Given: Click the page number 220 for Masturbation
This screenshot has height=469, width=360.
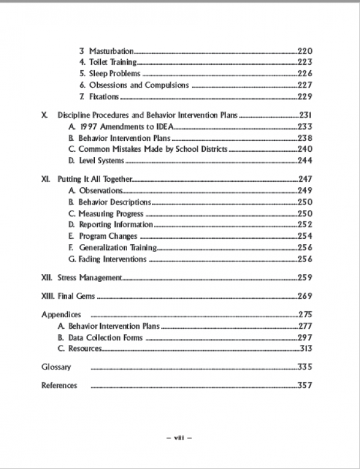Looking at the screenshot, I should coord(305,51).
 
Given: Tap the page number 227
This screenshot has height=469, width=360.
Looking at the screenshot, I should coord(305,85).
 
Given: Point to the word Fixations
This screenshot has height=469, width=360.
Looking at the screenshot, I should coord(104,97).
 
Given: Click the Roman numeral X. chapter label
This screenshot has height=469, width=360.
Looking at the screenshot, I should coord(45,115).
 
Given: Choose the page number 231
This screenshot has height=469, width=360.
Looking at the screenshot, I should coord(305,115).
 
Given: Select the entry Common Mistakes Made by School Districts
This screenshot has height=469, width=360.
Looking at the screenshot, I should coord(153,149).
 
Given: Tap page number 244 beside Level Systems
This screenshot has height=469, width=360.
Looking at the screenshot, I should coord(305,160).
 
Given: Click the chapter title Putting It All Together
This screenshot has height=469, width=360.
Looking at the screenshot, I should coord(94,179).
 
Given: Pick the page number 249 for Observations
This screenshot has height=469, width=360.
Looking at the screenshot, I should coord(305,190).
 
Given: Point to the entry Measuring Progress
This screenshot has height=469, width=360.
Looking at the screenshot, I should coord(111,213).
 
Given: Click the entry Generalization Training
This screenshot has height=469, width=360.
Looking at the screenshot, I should coord(118,247).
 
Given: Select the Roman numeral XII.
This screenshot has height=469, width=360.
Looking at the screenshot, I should coord(47,278).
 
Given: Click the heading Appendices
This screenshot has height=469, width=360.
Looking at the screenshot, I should coord(61,314).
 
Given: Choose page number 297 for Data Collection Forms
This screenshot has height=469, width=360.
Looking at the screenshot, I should coord(305,338).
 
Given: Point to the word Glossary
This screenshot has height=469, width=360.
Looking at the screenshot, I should coord(56,367).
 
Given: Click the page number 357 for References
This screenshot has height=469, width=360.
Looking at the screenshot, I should coord(305,385).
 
